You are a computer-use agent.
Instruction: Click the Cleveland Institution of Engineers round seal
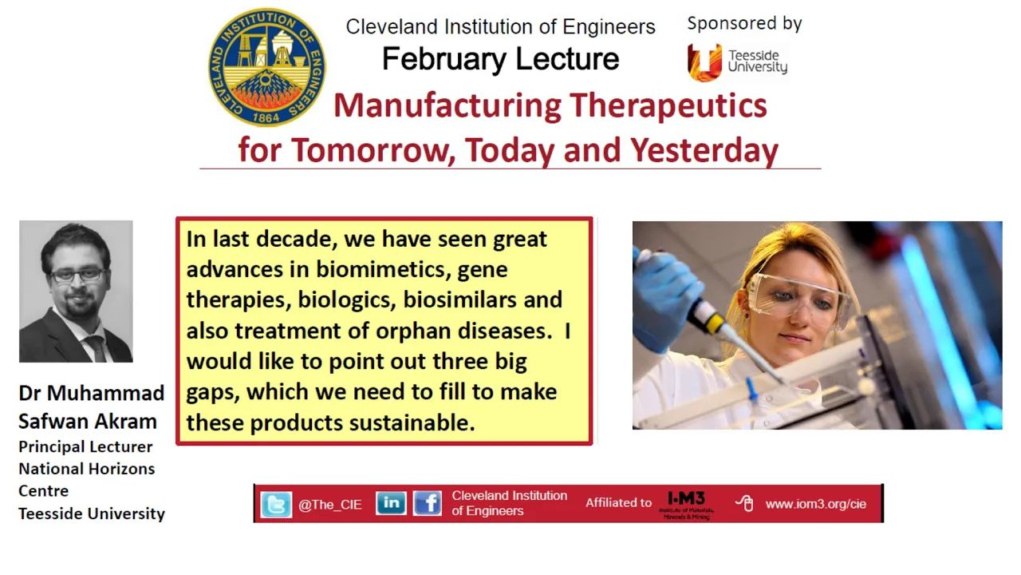(x=267, y=67)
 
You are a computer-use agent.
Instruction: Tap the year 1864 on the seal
(x=266, y=117)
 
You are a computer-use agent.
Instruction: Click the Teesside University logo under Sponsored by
(x=737, y=62)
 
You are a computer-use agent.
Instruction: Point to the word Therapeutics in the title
(x=668, y=106)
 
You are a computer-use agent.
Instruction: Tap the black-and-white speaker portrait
(x=76, y=291)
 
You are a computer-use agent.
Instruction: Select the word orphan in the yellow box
(x=413, y=331)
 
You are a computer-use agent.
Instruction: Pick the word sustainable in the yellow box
(x=412, y=422)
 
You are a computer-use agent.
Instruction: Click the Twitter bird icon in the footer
(x=276, y=505)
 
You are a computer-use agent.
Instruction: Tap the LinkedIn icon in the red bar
(x=391, y=503)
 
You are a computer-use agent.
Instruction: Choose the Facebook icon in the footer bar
(x=427, y=503)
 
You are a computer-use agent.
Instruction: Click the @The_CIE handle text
(x=330, y=505)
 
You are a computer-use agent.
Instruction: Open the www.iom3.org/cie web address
(x=816, y=504)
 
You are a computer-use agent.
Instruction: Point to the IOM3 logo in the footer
(x=687, y=505)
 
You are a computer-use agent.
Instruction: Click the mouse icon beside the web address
(x=745, y=503)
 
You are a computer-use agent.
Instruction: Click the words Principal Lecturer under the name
(x=85, y=446)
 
